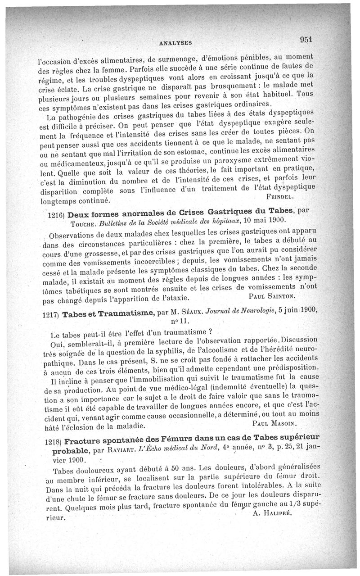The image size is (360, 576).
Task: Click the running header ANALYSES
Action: click(x=175, y=43)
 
